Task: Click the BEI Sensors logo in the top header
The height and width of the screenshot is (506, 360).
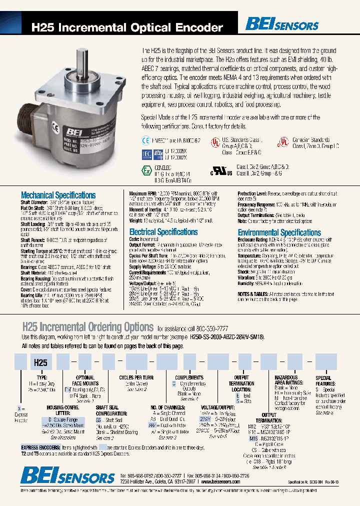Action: click(x=281, y=23)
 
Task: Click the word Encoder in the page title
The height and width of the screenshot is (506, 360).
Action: click(x=199, y=28)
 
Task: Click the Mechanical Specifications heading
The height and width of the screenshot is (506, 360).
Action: click(x=58, y=195)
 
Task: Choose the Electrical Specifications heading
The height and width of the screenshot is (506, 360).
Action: click(x=163, y=232)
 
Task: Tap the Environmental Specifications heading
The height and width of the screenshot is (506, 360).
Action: click(x=279, y=232)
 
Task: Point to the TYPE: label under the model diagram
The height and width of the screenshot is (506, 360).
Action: click(x=42, y=378)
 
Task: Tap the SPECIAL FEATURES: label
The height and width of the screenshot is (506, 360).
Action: click(x=323, y=381)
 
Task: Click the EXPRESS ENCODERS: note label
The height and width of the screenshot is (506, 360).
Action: click(x=41, y=446)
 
